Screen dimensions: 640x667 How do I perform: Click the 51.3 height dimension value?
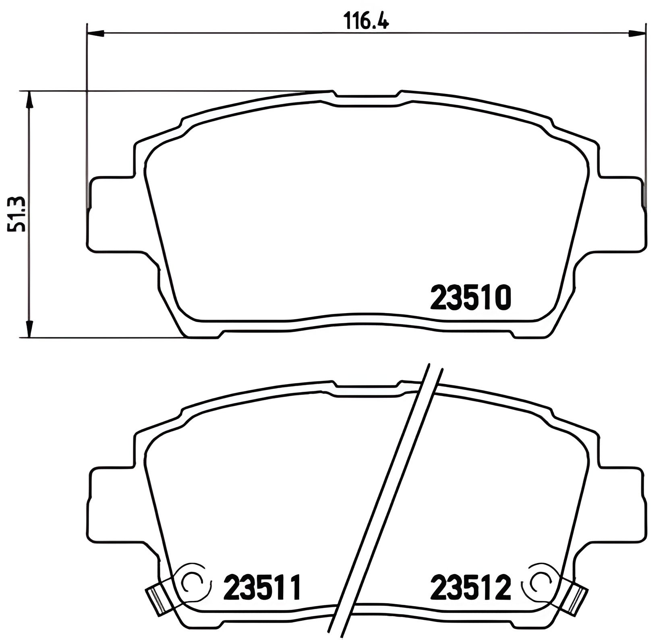click(17, 214)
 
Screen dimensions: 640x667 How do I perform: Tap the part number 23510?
click(470, 298)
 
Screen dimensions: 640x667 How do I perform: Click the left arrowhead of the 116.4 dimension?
click(95, 33)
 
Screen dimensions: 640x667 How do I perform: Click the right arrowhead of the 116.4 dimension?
click(637, 33)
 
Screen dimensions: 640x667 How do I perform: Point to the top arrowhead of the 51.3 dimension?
click(29, 99)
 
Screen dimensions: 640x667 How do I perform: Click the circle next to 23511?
click(192, 582)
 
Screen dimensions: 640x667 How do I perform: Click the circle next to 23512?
click(541, 582)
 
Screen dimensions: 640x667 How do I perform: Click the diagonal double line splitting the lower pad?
click(387, 500)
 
